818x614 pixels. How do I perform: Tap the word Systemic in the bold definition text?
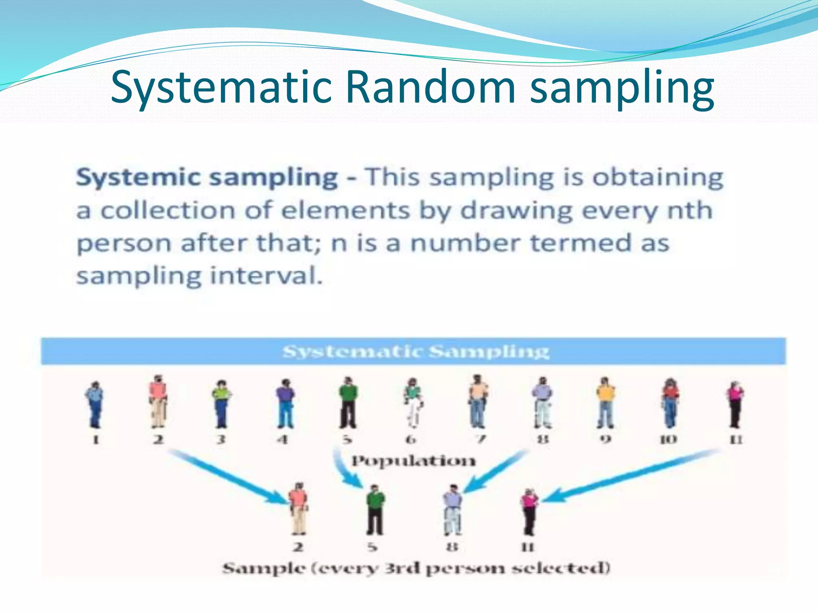[x=138, y=177]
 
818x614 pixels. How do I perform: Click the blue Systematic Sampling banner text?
[x=415, y=352]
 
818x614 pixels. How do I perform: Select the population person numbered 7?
[x=478, y=401]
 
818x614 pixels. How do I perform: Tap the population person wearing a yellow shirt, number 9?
[x=606, y=402]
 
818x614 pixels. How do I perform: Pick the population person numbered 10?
[x=671, y=403]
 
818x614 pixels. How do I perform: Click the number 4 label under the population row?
[x=283, y=440]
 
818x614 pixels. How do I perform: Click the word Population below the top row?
[x=413, y=461]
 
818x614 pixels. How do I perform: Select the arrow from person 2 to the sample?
[x=228, y=476]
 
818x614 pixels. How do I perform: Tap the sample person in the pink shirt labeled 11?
[x=529, y=512]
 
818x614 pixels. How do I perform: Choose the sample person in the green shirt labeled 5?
[x=375, y=510]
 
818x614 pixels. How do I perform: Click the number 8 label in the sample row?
[x=452, y=547]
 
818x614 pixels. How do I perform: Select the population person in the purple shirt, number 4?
[x=285, y=403]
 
